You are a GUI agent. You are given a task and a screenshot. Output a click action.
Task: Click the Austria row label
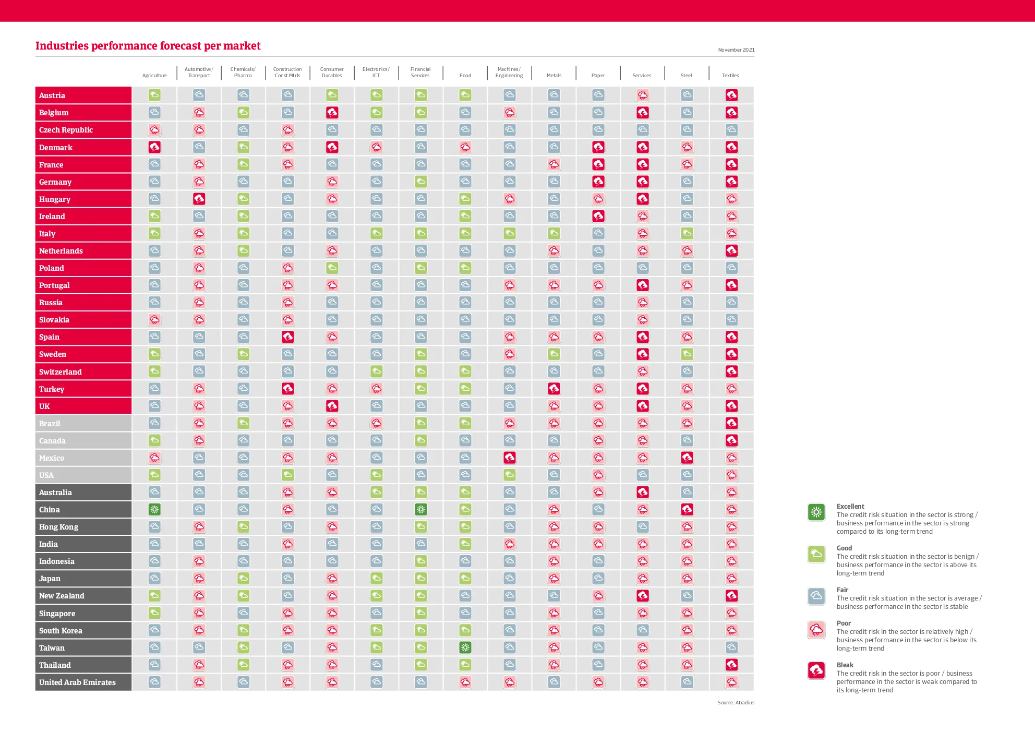52,95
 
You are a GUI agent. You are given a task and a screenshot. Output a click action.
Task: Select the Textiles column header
730,76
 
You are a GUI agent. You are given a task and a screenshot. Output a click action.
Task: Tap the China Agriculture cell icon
154,509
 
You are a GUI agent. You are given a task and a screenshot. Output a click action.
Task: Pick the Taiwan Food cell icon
465,647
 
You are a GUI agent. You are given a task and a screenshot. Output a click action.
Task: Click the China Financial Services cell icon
421,509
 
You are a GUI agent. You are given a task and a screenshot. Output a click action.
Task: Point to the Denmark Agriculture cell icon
154,147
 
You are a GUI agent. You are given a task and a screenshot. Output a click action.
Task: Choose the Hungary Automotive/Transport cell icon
199,199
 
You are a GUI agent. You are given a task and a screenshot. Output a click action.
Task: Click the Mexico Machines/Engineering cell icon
510,458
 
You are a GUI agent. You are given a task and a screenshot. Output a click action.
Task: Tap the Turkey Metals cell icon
554,389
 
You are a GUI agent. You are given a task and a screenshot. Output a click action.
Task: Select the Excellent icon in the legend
816,512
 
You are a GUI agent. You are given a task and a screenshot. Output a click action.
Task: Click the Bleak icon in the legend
816,670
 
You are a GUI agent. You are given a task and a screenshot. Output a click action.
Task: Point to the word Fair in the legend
843,590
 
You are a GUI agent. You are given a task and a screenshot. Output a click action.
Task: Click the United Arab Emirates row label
77,682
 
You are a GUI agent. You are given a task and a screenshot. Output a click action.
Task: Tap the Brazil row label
50,424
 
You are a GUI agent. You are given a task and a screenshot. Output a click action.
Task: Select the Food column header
465,76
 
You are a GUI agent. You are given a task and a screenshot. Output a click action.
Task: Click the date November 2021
736,50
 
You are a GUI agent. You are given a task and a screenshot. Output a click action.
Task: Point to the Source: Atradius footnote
736,703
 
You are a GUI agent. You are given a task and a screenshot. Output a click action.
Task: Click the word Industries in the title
62,46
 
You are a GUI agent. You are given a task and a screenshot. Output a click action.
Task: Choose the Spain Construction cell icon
288,337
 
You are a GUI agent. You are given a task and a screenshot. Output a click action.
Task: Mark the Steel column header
686,76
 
